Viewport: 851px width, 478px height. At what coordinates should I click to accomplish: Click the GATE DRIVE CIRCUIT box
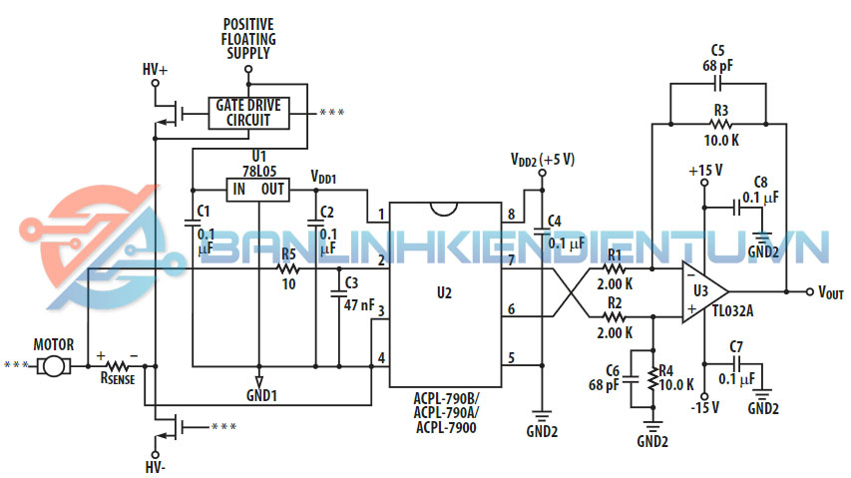click(247, 112)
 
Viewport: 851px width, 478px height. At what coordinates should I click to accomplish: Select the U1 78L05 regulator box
click(258, 190)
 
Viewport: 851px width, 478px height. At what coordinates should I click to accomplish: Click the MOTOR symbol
click(52, 366)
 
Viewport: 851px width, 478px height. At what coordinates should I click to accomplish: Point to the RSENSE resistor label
click(120, 380)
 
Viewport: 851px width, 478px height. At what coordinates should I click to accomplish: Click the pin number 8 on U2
click(512, 215)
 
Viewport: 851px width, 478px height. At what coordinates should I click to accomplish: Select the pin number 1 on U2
click(381, 215)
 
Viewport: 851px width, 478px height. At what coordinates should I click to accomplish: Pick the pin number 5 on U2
click(512, 357)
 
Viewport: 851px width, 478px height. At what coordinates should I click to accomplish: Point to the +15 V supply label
click(704, 171)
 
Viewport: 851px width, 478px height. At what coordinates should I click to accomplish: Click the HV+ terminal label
click(156, 70)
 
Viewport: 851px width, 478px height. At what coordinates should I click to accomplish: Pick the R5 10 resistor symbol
click(288, 268)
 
